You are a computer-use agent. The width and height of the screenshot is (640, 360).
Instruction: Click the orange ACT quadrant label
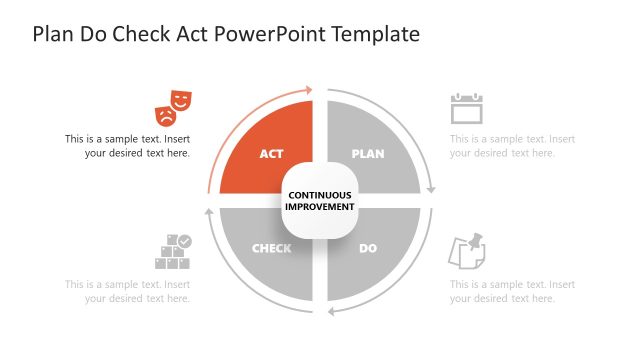click(x=272, y=154)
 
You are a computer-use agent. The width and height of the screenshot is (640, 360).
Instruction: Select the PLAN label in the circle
click(x=368, y=154)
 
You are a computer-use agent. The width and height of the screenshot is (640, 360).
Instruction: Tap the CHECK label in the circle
click(x=272, y=248)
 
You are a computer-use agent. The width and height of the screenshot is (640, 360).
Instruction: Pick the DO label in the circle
click(x=368, y=248)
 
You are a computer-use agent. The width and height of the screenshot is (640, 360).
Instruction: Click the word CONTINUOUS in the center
click(x=320, y=194)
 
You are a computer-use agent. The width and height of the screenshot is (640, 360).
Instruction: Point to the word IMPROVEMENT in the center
click(x=320, y=207)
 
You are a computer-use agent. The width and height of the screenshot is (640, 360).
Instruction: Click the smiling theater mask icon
click(x=181, y=99)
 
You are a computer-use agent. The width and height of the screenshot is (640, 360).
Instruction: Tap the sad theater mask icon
click(x=165, y=112)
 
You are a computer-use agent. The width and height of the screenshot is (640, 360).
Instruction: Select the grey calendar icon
click(x=466, y=108)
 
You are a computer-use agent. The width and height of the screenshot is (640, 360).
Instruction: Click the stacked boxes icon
click(x=172, y=253)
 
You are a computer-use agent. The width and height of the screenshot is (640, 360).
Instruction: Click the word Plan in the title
click(x=52, y=34)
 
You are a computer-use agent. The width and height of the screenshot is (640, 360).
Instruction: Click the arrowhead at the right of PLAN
click(x=431, y=188)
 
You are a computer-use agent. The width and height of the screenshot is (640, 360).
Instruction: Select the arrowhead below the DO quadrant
click(x=331, y=310)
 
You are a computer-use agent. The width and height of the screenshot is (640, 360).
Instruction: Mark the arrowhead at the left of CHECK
click(x=209, y=212)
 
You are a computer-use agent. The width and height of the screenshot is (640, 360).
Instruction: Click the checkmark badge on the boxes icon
click(x=185, y=241)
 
